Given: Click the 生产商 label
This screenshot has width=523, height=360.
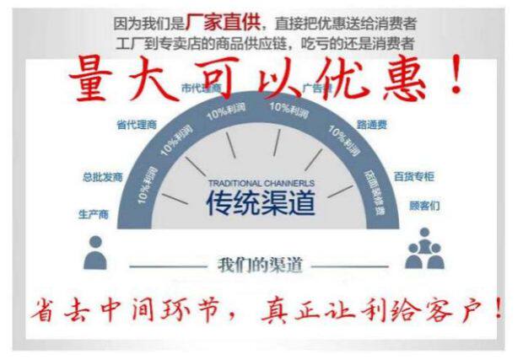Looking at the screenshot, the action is pyautogui.click(x=94, y=215).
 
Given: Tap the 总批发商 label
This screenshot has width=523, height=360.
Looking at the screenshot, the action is pyautogui.click(x=103, y=178).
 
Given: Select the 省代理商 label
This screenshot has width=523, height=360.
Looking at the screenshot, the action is pyautogui.click(x=137, y=125).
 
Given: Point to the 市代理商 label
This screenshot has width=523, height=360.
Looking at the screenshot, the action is pyautogui.click(x=201, y=88).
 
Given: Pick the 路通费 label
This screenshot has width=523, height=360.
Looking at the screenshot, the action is pyautogui.click(x=371, y=124).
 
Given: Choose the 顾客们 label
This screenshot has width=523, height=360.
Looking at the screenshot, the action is pyautogui.click(x=424, y=205).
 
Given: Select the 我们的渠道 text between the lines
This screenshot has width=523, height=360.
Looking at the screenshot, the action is pyautogui.click(x=260, y=263).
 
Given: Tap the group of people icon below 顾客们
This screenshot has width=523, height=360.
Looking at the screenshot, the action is pyautogui.click(x=423, y=250).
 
